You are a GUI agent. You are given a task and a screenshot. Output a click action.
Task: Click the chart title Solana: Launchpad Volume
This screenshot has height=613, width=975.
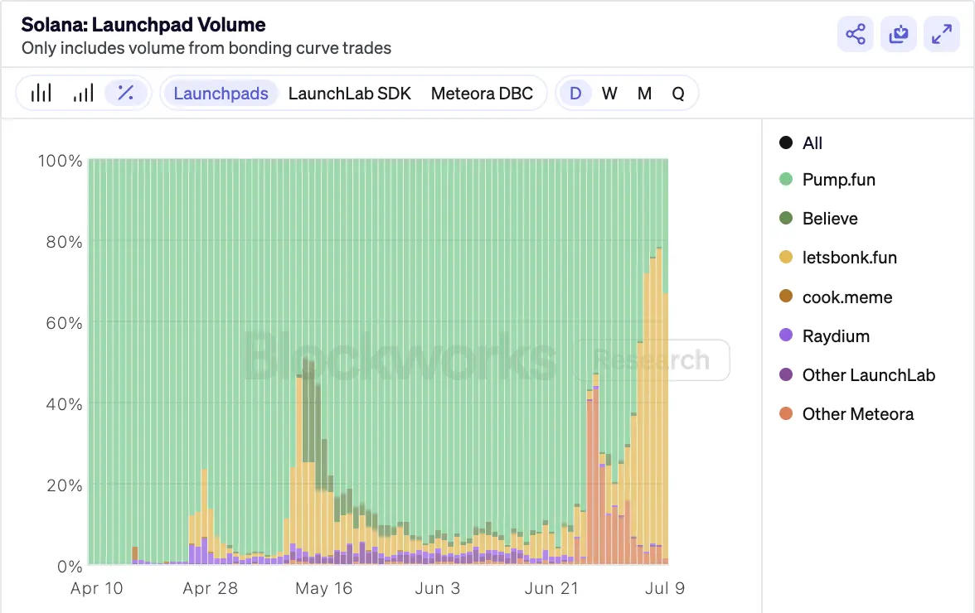point(143,25)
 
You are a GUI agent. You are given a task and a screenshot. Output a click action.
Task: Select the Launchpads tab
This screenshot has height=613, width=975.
point(221,93)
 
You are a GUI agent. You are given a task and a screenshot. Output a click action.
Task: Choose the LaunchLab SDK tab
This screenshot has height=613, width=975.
point(349,93)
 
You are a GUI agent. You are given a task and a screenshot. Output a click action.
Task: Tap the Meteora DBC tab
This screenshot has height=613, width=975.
point(482,93)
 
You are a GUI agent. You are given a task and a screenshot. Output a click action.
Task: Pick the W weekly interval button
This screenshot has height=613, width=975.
point(609,93)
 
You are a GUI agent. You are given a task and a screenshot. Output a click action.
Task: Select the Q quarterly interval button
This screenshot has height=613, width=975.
point(678,93)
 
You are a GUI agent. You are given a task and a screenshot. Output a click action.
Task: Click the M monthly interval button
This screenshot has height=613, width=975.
point(644,93)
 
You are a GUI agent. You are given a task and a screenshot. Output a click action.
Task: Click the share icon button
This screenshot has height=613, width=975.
point(855,34)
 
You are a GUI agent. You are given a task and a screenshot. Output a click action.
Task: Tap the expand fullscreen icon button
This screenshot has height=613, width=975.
point(941,34)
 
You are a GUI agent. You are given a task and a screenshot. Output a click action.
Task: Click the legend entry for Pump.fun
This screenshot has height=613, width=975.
point(838,180)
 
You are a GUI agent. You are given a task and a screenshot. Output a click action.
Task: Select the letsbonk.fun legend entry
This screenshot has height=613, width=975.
point(849,258)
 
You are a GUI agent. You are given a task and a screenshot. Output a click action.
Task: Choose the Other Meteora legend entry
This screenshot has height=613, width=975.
point(857,414)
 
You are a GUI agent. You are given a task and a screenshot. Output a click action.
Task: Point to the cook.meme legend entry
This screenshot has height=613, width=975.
point(846,297)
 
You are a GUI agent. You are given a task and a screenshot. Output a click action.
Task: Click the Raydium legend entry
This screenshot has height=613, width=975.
point(836,336)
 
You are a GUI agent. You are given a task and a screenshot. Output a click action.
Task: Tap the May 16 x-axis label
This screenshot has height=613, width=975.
point(323,588)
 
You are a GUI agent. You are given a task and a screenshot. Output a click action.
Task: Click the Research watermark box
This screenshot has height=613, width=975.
point(653,360)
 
